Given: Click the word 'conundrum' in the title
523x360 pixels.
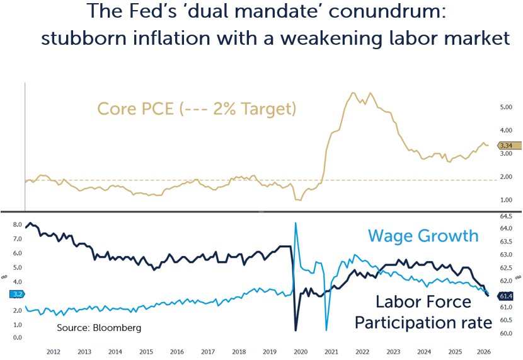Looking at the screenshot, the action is point(387,11).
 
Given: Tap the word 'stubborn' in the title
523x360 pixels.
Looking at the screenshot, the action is point(84,38).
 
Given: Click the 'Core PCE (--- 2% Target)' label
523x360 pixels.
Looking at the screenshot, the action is point(197,109).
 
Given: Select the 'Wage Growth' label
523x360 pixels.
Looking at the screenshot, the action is point(423,236).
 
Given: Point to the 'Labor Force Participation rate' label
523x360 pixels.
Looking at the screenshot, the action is point(423,312).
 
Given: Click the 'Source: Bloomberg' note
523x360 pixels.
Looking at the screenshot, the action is point(99,328).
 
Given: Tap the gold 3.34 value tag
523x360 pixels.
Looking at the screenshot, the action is point(509,146).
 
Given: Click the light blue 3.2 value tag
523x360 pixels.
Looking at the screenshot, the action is point(17,294).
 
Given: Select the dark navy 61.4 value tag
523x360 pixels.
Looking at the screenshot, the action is point(509,296).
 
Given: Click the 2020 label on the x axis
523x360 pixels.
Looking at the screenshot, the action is point(301,352).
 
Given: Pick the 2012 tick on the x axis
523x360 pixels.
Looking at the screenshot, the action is point(54,352).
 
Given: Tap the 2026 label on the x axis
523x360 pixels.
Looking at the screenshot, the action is point(484,352).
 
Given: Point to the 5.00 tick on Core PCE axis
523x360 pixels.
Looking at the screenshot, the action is point(506,107).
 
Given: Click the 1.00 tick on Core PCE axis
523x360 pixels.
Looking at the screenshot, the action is point(506,200).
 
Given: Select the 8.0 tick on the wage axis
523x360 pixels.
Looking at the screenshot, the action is point(18,224).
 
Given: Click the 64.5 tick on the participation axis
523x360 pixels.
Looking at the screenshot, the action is point(506,216).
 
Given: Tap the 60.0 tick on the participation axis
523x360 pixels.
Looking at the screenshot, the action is point(506,334).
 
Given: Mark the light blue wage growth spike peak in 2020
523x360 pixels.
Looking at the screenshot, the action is point(296,223).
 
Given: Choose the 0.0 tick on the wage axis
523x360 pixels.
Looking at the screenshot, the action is point(18,338).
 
